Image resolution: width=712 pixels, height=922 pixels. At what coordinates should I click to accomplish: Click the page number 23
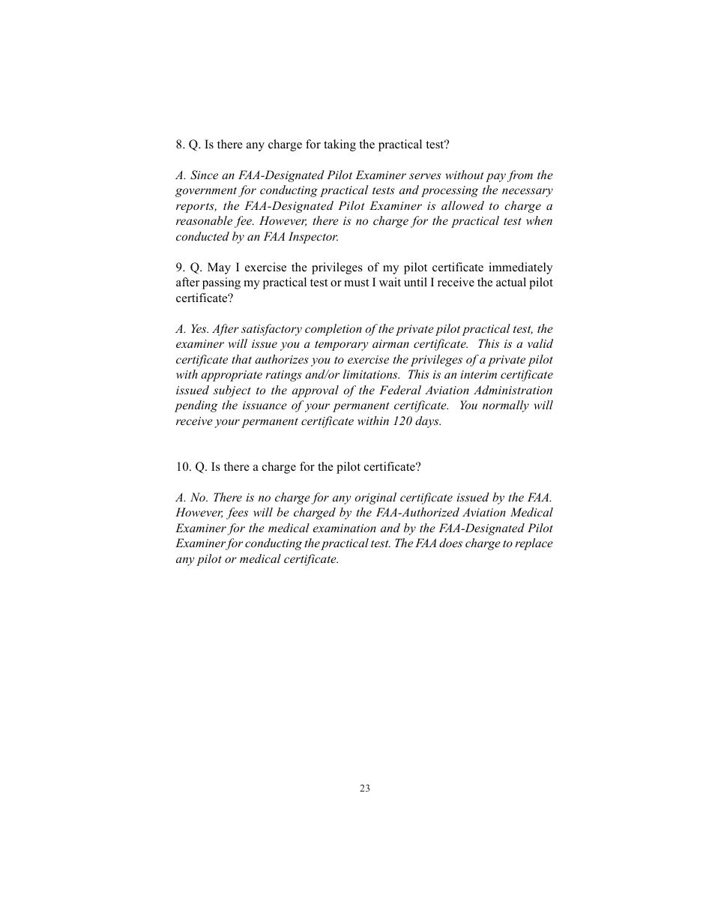[364, 788]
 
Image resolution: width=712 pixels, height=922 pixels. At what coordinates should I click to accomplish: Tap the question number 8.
[180, 144]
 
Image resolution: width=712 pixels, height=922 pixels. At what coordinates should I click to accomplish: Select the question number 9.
[180, 268]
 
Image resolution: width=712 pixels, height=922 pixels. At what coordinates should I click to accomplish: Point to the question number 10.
[183, 466]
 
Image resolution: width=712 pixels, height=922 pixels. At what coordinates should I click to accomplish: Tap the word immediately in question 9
[523, 268]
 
